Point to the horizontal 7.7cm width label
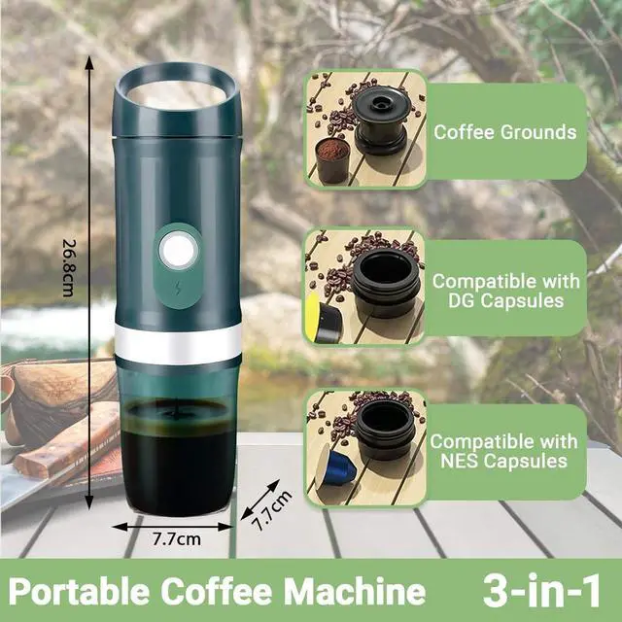tap(176, 537)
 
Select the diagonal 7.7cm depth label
tap(272, 506)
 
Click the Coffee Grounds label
tap(504, 132)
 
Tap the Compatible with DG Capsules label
tap(505, 291)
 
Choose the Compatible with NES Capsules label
tap(505, 450)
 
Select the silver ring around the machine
tap(177, 340)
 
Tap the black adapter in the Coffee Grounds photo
tap(382, 121)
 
